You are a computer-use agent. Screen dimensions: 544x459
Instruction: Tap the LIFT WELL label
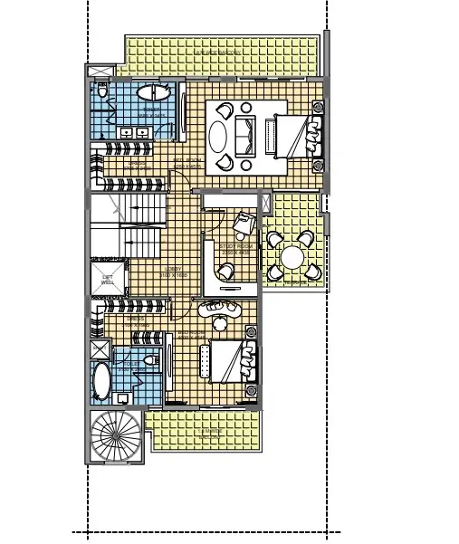click(x=108, y=281)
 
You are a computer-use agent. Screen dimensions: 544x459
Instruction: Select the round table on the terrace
click(x=292, y=258)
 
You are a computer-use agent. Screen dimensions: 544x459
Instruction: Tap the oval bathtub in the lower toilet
click(x=101, y=383)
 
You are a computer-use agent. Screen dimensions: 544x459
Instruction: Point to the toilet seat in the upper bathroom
click(x=102, y=91)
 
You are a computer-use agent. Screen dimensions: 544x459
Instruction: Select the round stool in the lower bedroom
click(x=219, y=323)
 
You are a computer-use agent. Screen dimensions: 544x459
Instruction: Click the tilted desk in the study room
click(x=244, y=222)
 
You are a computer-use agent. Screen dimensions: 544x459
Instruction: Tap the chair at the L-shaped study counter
click(x=223, y=270)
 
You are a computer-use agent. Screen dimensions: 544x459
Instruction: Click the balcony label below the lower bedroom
click(x=211, y=431)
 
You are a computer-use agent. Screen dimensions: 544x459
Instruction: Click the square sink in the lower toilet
click(x=123, y=398)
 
